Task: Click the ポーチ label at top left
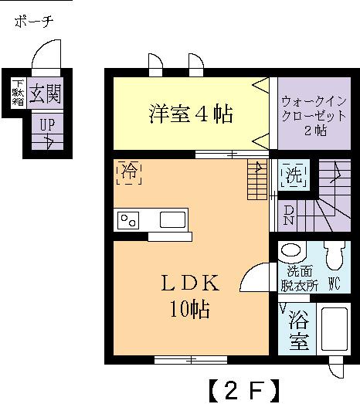point(32,22)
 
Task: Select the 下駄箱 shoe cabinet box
point(17,93)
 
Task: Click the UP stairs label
point(46,127)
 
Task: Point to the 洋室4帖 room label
point(190,115)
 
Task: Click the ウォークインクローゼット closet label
point(314,115)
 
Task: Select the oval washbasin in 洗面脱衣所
point(292,251)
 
